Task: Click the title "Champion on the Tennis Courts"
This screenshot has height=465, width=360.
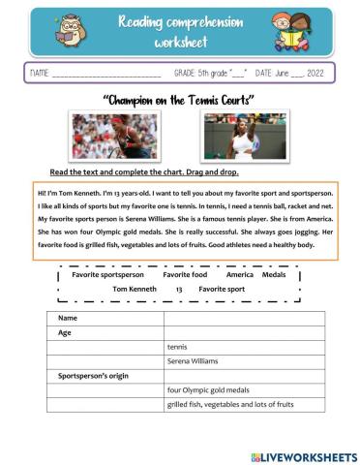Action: pos(179,100)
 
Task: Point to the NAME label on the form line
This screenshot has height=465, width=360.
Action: pos(40,74)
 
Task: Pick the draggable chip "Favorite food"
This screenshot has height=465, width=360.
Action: pos(185,274)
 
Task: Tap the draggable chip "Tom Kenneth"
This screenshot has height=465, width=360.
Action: pos(135,289)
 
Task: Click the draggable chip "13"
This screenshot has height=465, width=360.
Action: pos(179,289)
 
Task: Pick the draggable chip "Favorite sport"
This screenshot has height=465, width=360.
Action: pos(222,289)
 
